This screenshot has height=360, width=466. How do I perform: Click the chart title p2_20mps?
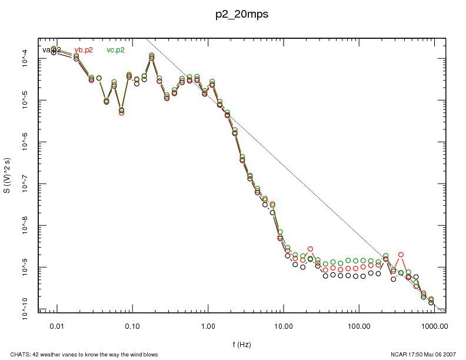241,15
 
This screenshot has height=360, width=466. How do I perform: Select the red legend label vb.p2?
84,50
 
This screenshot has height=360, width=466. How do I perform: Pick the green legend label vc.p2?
115,50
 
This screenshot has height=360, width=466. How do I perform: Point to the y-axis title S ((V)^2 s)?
8,175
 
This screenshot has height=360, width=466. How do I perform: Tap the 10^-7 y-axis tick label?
25,184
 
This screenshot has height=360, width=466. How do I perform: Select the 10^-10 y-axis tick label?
25,309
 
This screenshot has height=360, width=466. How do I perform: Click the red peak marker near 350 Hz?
401,255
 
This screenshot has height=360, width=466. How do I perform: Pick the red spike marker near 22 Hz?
310,249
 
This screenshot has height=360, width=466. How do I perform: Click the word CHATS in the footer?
11,354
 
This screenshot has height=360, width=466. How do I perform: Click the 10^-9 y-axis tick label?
25,268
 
